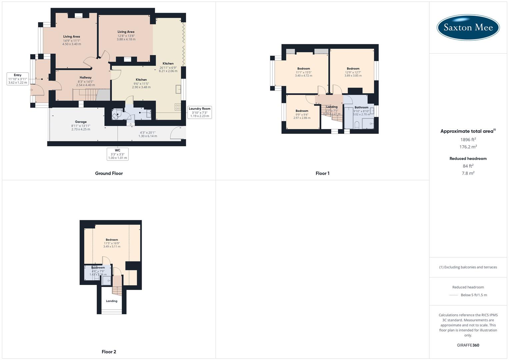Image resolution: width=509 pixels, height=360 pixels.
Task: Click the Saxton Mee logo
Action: coord(468,27)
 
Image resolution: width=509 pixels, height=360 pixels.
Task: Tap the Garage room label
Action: coord(81,122)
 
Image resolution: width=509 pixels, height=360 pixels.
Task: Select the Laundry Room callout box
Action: coord(200,112)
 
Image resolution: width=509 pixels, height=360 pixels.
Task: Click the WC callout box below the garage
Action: coord(118,154)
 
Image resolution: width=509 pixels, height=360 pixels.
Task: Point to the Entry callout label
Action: coord(18,79)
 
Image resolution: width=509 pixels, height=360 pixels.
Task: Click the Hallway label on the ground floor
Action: coord(85,78)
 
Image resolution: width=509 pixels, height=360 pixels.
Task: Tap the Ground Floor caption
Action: coord(109,173)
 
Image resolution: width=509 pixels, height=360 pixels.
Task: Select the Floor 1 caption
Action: coord(322,173)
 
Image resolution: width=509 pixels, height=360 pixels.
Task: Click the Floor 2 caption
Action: coord(109,352)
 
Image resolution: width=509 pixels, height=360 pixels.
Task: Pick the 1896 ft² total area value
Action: coord(468,140)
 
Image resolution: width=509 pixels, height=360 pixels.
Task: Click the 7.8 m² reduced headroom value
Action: coord(468,173)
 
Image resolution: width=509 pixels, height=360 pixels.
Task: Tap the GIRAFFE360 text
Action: coord(468,345)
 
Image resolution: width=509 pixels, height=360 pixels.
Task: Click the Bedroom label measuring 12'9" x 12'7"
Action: coord(353,69)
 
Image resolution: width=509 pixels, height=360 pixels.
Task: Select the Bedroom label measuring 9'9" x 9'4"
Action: coord(302,111)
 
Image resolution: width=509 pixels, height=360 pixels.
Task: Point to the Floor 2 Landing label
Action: coord(112,301)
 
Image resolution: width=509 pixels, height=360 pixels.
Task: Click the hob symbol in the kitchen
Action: coord(178,107)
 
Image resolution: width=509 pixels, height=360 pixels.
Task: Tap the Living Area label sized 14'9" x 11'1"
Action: coord(72,37)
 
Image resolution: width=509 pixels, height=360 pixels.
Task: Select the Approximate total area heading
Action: coord(467,131)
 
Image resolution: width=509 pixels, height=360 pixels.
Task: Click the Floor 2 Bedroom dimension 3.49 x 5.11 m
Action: coord(112,247)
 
